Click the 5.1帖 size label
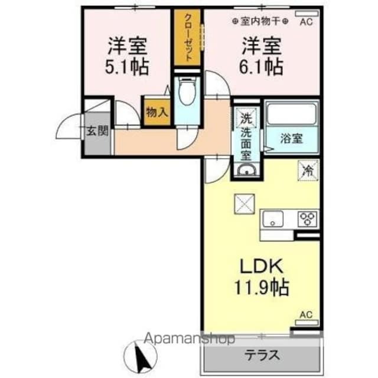127,65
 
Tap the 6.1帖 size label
260,65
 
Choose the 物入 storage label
157,112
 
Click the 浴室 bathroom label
291,139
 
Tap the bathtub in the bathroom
292,113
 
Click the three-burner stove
307,219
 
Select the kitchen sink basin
275,219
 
